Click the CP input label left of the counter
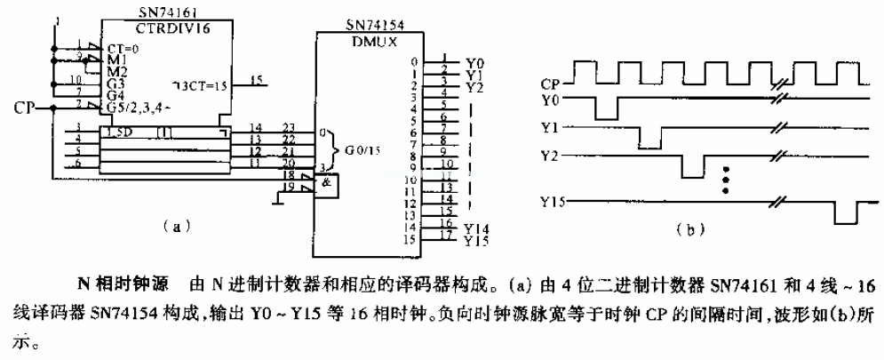pyautogui.click(x=25, y=108)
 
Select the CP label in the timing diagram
pyautogui.click(x=552, y=83)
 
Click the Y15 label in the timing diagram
pyautogui.click(x=553, y=203)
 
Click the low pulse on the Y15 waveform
pyautogui.click(x=844, y=214)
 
